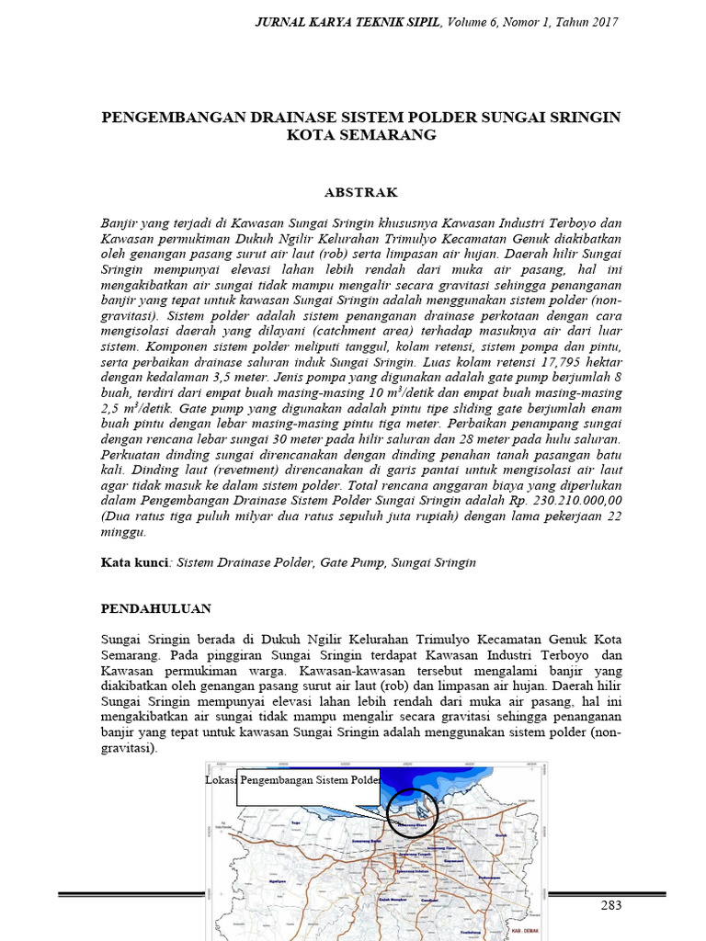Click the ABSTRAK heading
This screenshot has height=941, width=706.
coord(360,193)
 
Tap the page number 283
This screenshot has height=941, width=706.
coord(611,905)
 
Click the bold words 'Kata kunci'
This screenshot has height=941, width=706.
coord(133,561)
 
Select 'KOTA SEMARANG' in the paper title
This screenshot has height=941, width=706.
coord(360,135)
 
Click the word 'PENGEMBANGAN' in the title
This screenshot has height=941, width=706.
coord(168,118)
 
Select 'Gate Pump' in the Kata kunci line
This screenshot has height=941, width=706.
coord(352,561)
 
